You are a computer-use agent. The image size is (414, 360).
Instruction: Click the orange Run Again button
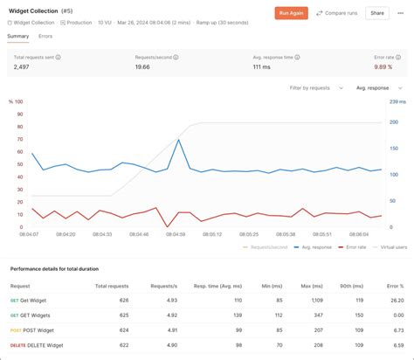291,13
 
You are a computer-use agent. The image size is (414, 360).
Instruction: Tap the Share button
377,13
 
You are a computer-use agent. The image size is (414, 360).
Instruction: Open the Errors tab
45,36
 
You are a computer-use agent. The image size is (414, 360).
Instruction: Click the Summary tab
17,36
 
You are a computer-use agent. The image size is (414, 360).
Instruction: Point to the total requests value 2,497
23,66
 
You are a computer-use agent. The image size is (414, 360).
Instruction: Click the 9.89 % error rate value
383,66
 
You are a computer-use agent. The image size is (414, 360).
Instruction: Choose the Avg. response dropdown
377,87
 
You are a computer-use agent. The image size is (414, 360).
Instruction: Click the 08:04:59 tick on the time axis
176,234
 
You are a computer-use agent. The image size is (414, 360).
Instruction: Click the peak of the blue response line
179,140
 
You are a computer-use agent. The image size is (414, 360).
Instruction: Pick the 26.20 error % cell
397,301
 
